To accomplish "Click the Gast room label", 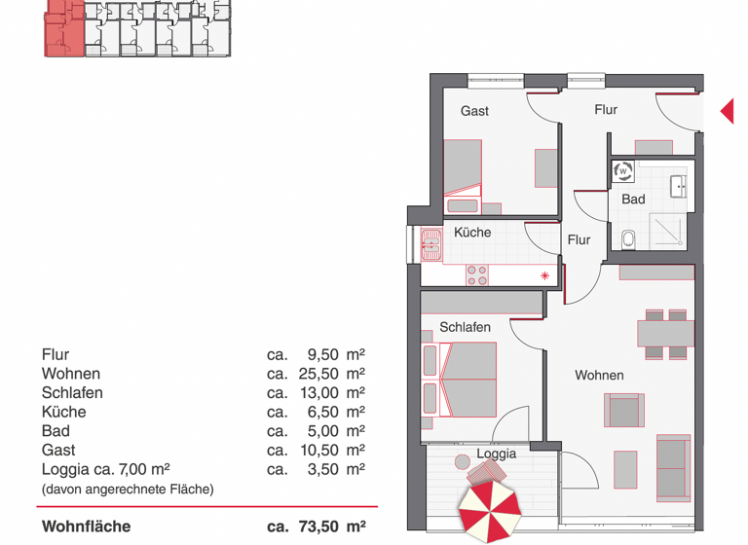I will [x=474, y=111].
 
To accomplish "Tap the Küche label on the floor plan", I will [x=472, y=233].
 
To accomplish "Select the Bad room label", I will [x=633, y=200].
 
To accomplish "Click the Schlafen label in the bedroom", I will [x=465, y=327].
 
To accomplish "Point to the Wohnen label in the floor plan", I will [x=599, y=375].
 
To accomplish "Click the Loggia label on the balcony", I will [x=496, y=454].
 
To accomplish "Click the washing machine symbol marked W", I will [x=623, y=172].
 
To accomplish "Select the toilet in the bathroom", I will [x=628, y=237].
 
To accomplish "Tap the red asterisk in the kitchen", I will [x=545, y=276].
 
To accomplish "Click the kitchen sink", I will [x=430, y=246].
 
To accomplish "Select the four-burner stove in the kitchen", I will [x=477, y=275].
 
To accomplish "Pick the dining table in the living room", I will [x=665, y=334].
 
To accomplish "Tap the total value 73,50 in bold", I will [x=317, y=527].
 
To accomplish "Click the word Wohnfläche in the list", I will [x=86, y=527].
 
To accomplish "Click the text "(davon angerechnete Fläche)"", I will [x=127, y=489].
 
